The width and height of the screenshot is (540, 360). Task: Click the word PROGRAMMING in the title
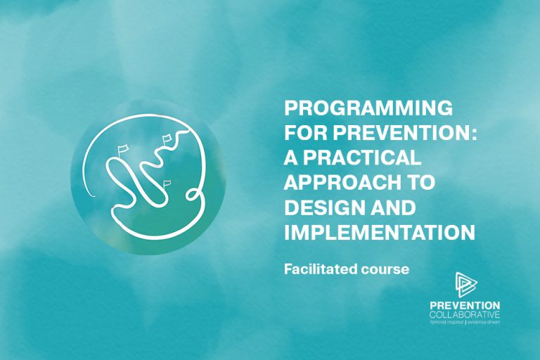click(368, 108)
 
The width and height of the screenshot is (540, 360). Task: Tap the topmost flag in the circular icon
click(167, 139)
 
